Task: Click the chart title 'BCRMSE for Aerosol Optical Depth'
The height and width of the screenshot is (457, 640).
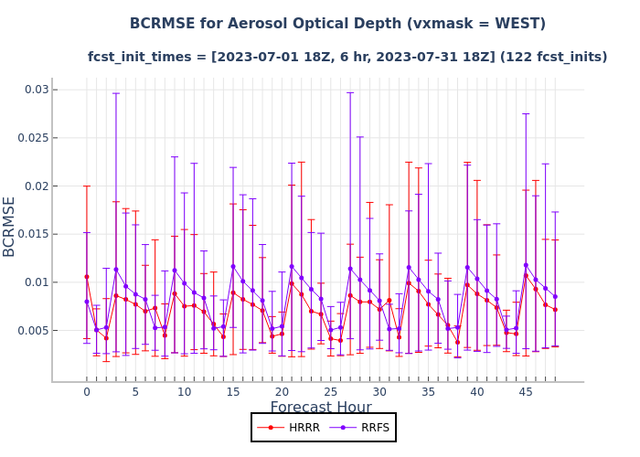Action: click(x=337, y=24)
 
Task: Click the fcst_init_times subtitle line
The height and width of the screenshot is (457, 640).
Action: click(x=347, y=57)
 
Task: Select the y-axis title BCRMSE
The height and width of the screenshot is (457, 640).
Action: click(x=10, y=226)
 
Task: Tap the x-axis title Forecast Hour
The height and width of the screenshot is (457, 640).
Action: click(x=321, y=408)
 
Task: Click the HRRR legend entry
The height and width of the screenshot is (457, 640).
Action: click(x=291, y=427)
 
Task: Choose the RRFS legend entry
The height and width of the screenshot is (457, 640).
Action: click(x=357, y=427)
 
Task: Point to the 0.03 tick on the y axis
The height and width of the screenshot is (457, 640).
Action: click(x=36, y=90)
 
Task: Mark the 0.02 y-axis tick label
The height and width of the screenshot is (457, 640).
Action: click(x=36, y=186)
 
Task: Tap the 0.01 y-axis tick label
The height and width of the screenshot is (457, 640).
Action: click(x=36, y=282)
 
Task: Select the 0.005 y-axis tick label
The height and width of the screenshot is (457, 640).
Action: click(x=32, y=330)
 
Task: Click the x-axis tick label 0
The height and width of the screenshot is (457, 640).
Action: click(x=87, y=392)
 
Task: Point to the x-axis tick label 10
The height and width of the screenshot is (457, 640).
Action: click(x=185, y=392)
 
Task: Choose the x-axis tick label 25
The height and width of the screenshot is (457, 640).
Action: click(x=331, y=392)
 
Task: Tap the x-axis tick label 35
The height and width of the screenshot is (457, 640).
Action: click(x=428, y=392)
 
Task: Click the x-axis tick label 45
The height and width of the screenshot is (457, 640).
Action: click(x=526, y=392)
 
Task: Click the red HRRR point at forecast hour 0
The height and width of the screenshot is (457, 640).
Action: click(x=87, y=277)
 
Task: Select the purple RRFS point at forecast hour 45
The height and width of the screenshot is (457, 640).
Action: click(x=526, y=265)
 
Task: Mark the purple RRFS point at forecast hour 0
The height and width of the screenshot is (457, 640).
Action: click(x=87, y=302)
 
